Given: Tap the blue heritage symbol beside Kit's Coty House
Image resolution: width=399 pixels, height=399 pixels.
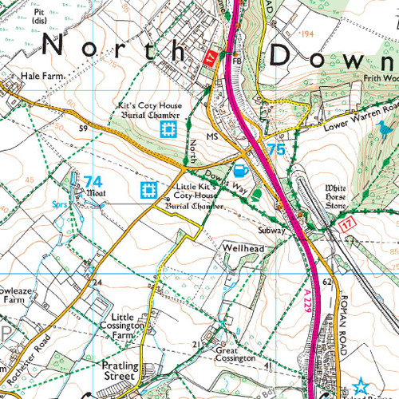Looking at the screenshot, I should [x=168, y=129].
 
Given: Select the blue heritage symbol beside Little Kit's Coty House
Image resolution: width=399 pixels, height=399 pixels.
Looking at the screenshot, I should [x=148, y=190].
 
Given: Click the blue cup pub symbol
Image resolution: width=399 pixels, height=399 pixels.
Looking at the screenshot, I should [x=239, y=169].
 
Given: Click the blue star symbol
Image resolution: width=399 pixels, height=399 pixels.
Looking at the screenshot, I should [x=361, y=385].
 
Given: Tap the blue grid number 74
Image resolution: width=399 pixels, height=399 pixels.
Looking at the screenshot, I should [x=93, y=181].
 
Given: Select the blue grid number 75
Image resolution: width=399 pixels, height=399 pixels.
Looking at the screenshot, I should [x=276, y=149].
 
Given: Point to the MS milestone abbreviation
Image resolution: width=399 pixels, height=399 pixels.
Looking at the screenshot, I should [x=211, y=136].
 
